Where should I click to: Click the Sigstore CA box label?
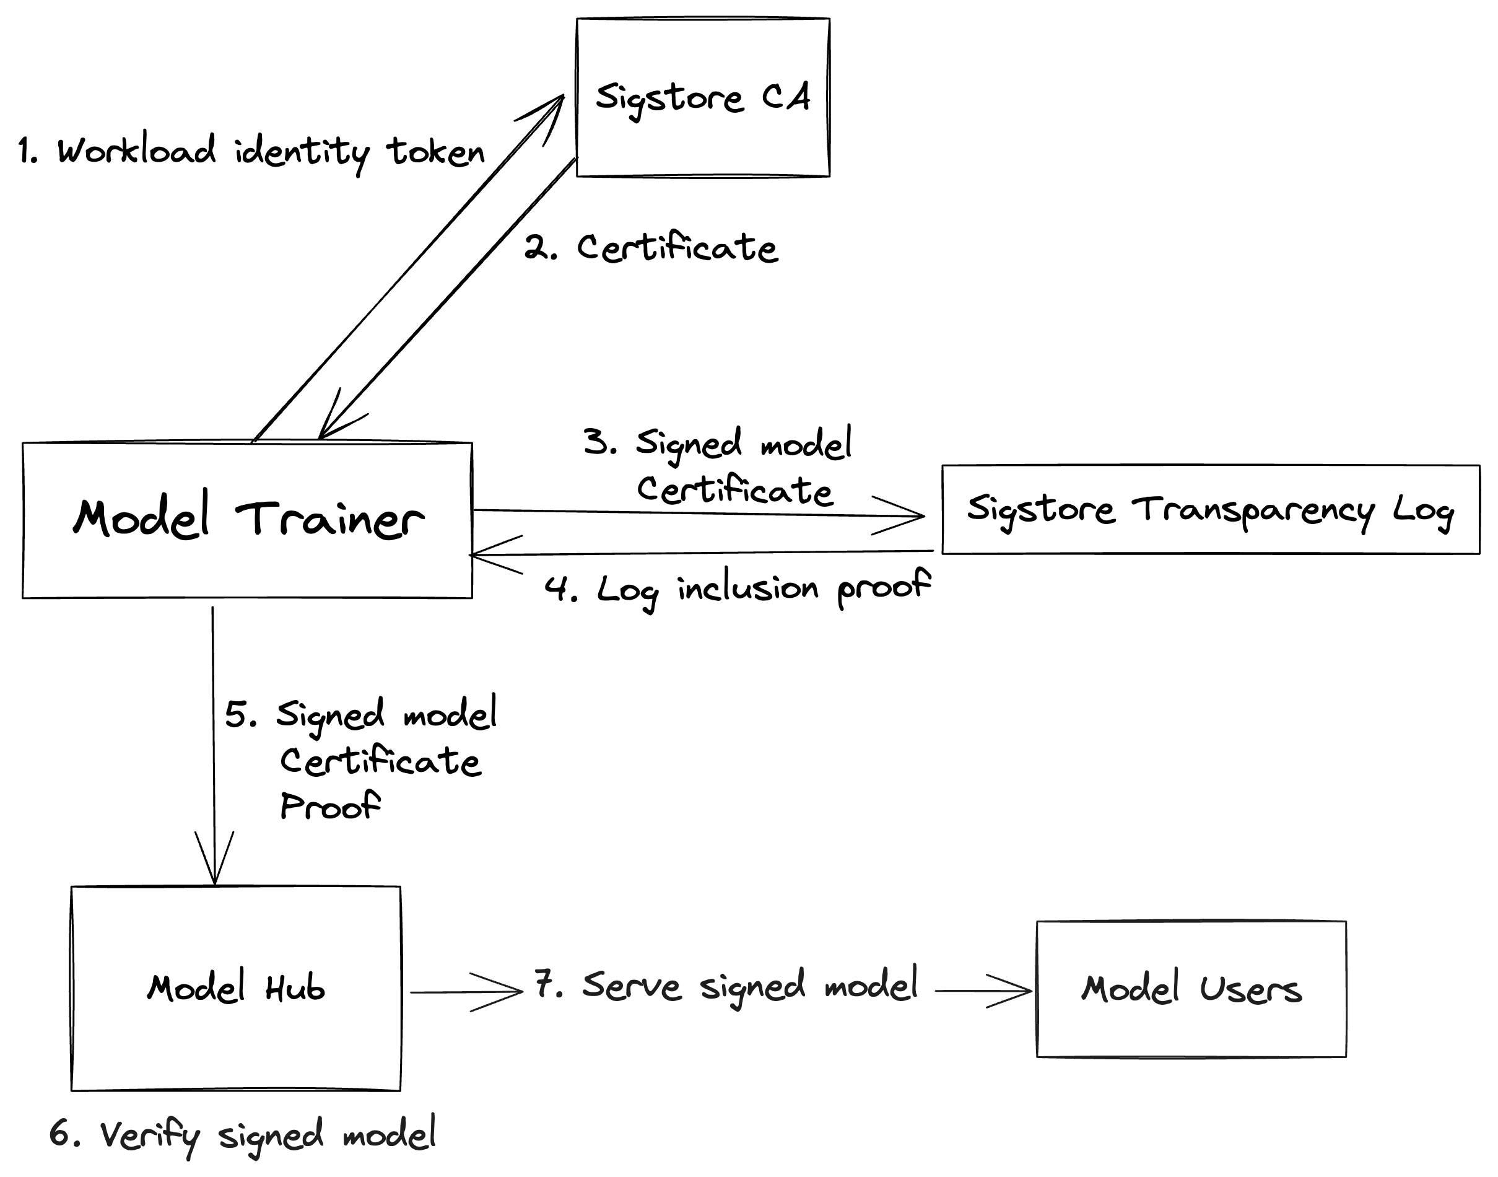point(702,98)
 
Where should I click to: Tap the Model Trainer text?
point(248,518)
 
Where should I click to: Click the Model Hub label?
point(235,989)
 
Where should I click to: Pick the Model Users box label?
point(1190,989)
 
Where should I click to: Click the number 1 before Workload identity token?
point(26,152)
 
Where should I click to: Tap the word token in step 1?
point(435,152)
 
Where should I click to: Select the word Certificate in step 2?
point(677,248)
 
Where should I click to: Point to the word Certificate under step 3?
point(734,491)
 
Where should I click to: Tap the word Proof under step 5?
point(329,805)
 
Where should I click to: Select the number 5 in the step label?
point(238,715)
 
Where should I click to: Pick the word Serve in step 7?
point(631,986)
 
